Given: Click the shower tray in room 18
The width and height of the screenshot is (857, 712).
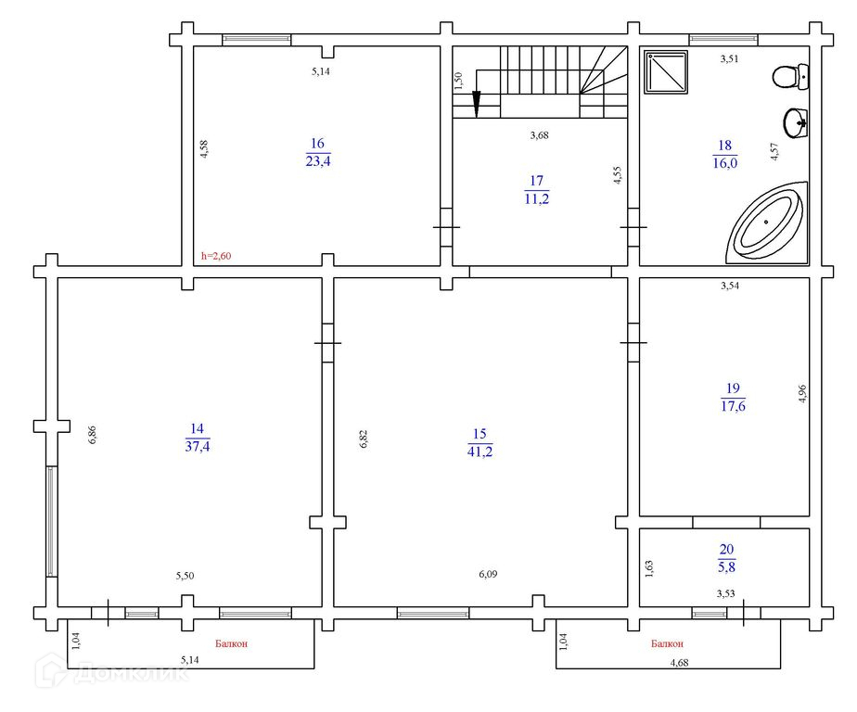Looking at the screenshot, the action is click(x=666, y=72).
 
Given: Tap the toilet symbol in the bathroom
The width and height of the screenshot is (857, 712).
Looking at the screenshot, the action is click(x=790, y=77).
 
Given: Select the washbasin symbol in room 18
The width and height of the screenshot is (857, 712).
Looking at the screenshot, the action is click(x=795, y=123).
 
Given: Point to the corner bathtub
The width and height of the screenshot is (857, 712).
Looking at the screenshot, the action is click(x=767, y=222).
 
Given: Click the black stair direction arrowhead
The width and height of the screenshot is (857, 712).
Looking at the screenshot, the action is click(x=477, y=104).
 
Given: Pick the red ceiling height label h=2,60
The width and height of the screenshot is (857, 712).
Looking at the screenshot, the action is click(x=216, y=256).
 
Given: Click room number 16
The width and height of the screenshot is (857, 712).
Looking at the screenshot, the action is click(x=317, y=143).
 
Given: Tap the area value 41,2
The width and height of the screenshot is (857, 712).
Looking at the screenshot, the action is click(x=480, y=451).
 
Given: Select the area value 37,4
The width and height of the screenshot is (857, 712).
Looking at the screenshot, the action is click(x=198, y=446).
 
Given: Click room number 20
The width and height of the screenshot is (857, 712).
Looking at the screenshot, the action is click(x=726, y=549).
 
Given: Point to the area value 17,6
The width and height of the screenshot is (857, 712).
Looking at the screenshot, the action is click(x=733, y=406).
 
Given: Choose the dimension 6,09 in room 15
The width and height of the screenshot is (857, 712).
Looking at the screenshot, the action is click(x=488, y=574).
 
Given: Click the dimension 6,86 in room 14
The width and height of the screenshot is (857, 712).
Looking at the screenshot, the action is click(x=93, y=435).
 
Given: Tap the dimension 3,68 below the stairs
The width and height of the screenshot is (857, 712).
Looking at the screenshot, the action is click(x=540, y=135).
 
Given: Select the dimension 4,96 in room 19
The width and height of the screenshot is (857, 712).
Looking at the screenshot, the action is click(x=802, y=394).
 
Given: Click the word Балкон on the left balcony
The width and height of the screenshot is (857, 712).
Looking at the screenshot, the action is click(x=231, y=643).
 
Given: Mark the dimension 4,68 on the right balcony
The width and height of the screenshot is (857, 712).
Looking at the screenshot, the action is click(x=679, y=663).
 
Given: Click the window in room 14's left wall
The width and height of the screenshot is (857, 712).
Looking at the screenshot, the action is click(x=51, y=521).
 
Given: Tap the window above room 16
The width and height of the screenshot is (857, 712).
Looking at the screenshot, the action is click(x=256, y=39).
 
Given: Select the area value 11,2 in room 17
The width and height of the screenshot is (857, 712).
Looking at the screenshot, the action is click(x=537, y=199).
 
